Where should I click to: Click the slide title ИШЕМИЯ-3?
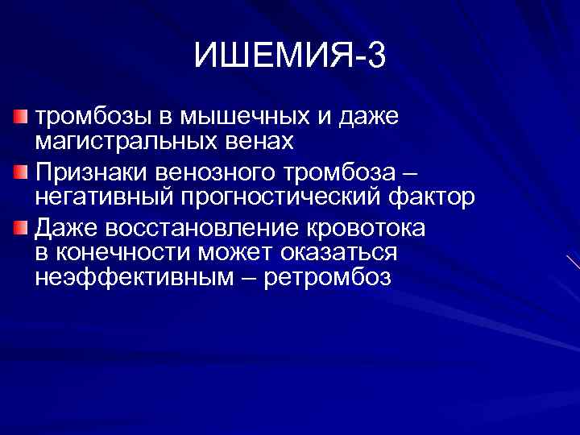tap(290, 56)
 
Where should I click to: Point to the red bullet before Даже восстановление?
tap(22, 230)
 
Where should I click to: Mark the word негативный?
tap(104, 197)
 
